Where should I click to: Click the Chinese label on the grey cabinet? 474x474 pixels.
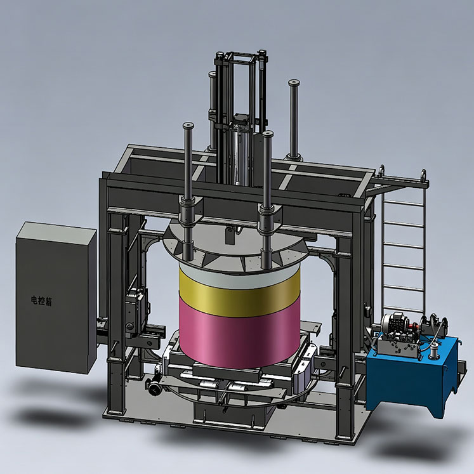tap(41, 301)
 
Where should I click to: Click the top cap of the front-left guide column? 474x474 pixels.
tap(188, 125)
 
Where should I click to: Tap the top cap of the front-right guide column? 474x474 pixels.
tap(268, 134)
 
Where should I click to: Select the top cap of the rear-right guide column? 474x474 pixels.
tap(294, 82)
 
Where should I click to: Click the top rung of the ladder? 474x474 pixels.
tap(404, 203)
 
